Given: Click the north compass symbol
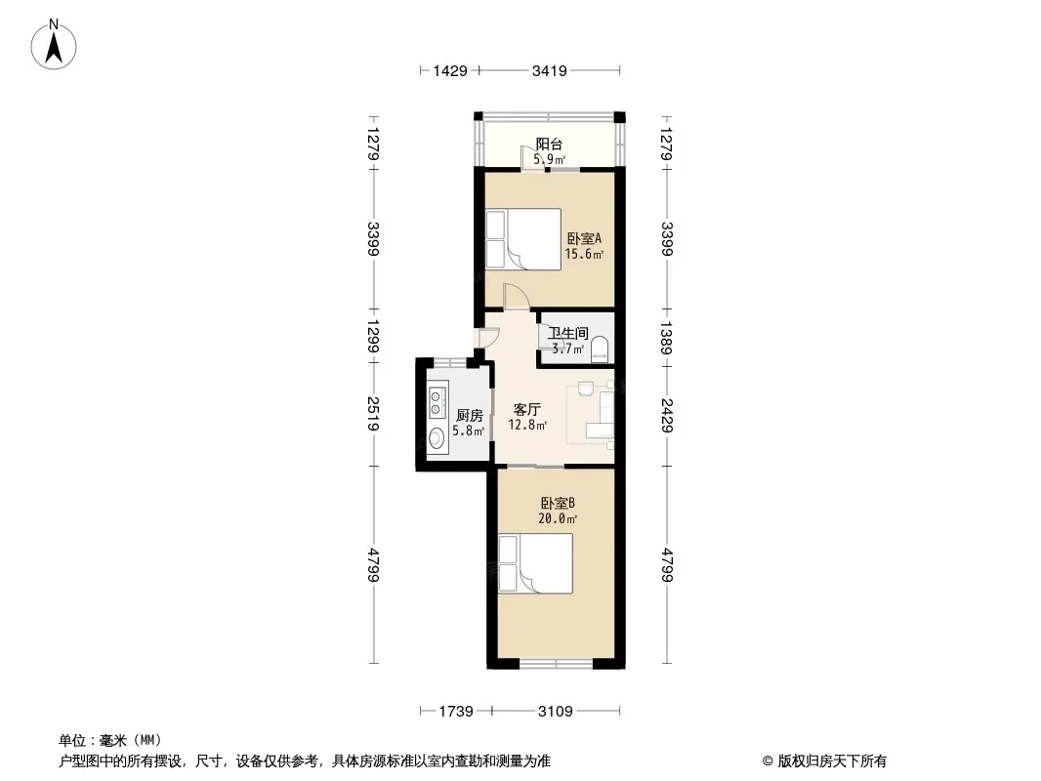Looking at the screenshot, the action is [54, 45].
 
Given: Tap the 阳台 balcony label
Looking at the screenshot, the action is [549, 144].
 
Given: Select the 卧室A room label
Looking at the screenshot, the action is [584, 238].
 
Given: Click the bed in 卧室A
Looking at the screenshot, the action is [523, 239].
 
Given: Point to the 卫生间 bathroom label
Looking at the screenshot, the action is [567, 333].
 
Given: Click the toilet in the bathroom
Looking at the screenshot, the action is [600, 349].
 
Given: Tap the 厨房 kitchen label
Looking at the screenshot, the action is [470, 415].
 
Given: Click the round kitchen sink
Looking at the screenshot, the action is [437, 437].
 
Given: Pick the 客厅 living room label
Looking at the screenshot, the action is [527, 409].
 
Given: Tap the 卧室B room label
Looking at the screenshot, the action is [558, 503].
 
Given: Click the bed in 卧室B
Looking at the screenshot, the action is [535, 563].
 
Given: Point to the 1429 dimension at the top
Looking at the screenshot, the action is [450, 70].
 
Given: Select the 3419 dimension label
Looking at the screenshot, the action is [550, 70].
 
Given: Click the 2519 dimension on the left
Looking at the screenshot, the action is [372, 414].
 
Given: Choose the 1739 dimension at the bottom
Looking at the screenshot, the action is [456, 712].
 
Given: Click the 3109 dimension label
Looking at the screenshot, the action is [556, 712].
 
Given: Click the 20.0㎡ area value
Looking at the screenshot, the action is [558, 519].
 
